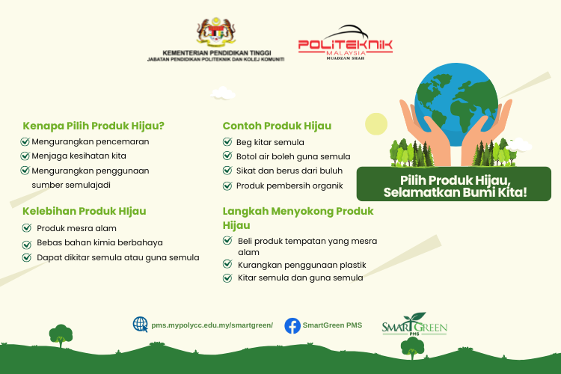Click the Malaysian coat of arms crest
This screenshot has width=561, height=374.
coord(216,32)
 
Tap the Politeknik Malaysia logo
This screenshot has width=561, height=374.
coord(346,42)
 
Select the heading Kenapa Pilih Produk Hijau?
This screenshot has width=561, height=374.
coord(93,126)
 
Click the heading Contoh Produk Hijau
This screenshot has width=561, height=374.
coord(277,126)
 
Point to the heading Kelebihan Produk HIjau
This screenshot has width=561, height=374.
coord(85,211)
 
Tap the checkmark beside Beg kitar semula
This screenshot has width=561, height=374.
coord(227,142)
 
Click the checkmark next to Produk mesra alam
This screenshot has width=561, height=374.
coord(27,228)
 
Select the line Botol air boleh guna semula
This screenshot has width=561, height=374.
coord(293,156)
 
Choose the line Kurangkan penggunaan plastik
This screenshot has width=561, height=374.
coord(301,265)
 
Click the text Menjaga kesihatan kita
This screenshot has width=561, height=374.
coord(79,156)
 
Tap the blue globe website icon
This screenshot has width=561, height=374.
coord(141,325)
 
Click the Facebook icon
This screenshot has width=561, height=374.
coord(292,325)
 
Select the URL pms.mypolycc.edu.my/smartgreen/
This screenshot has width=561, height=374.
coord(212,325)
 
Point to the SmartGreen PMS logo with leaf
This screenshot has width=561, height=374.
coord(414,324)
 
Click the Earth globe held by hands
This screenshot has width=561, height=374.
coord(456,105)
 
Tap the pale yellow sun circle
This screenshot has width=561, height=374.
coord(376,124)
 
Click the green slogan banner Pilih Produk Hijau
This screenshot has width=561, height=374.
coord(454,184)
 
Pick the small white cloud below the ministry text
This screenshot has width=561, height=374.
coord(223,93)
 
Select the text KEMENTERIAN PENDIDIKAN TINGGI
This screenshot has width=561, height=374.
coord(217,53)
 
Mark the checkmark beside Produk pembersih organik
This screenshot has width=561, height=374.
coord(227,186)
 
